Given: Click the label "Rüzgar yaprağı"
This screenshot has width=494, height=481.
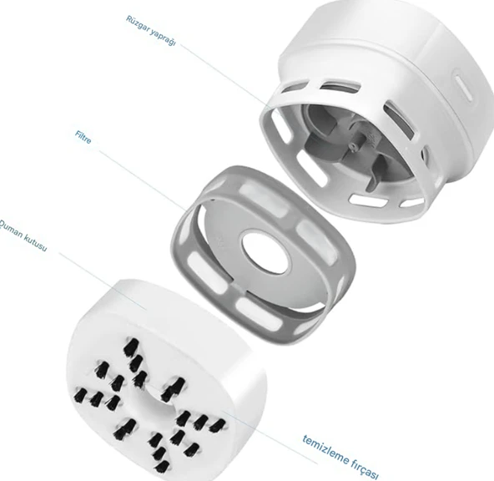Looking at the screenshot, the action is pos(150,30).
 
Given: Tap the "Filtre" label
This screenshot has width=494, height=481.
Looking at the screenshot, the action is pos(83,138).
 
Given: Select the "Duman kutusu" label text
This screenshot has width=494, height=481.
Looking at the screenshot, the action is pos(23,235).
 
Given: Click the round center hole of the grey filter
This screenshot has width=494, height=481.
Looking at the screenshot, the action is pos(265,253).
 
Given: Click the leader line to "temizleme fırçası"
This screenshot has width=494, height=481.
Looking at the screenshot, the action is pos(269,436).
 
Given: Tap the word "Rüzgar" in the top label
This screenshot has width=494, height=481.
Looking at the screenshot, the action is pos(138,23).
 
